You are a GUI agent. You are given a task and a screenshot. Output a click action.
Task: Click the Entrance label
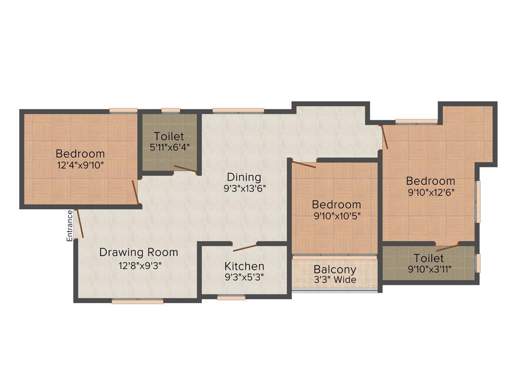[x=70, y=225]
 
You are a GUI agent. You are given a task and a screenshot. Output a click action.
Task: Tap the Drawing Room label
[x=138, y=252]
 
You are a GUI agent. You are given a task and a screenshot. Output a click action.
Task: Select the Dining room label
[x=244, y=177]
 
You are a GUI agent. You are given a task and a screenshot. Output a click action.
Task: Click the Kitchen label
[x=244, y=266]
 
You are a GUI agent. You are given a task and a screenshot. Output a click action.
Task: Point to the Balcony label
[x=335, y=270]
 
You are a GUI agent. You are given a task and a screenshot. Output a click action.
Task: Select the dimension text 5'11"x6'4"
[x=169, y=148]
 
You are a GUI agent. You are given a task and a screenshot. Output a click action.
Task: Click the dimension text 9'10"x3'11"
[x=430, y=269]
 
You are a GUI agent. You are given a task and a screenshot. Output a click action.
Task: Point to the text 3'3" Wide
[x=335, y=280]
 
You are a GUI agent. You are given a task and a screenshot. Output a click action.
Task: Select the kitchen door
[x=245, y=246]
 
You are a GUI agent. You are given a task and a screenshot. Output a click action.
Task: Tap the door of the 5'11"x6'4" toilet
[x=185, y=169]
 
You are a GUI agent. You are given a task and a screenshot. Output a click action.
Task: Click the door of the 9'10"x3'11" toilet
[x=447, y=246]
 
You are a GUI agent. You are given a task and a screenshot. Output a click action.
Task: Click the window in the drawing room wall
[x=137, y=301]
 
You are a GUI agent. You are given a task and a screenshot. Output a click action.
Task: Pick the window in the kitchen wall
[x=231, y=298]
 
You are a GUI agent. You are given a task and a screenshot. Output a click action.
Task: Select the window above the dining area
[x=238, y=110]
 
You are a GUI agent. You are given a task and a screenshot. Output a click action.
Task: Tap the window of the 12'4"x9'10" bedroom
[x=124, y=110]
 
